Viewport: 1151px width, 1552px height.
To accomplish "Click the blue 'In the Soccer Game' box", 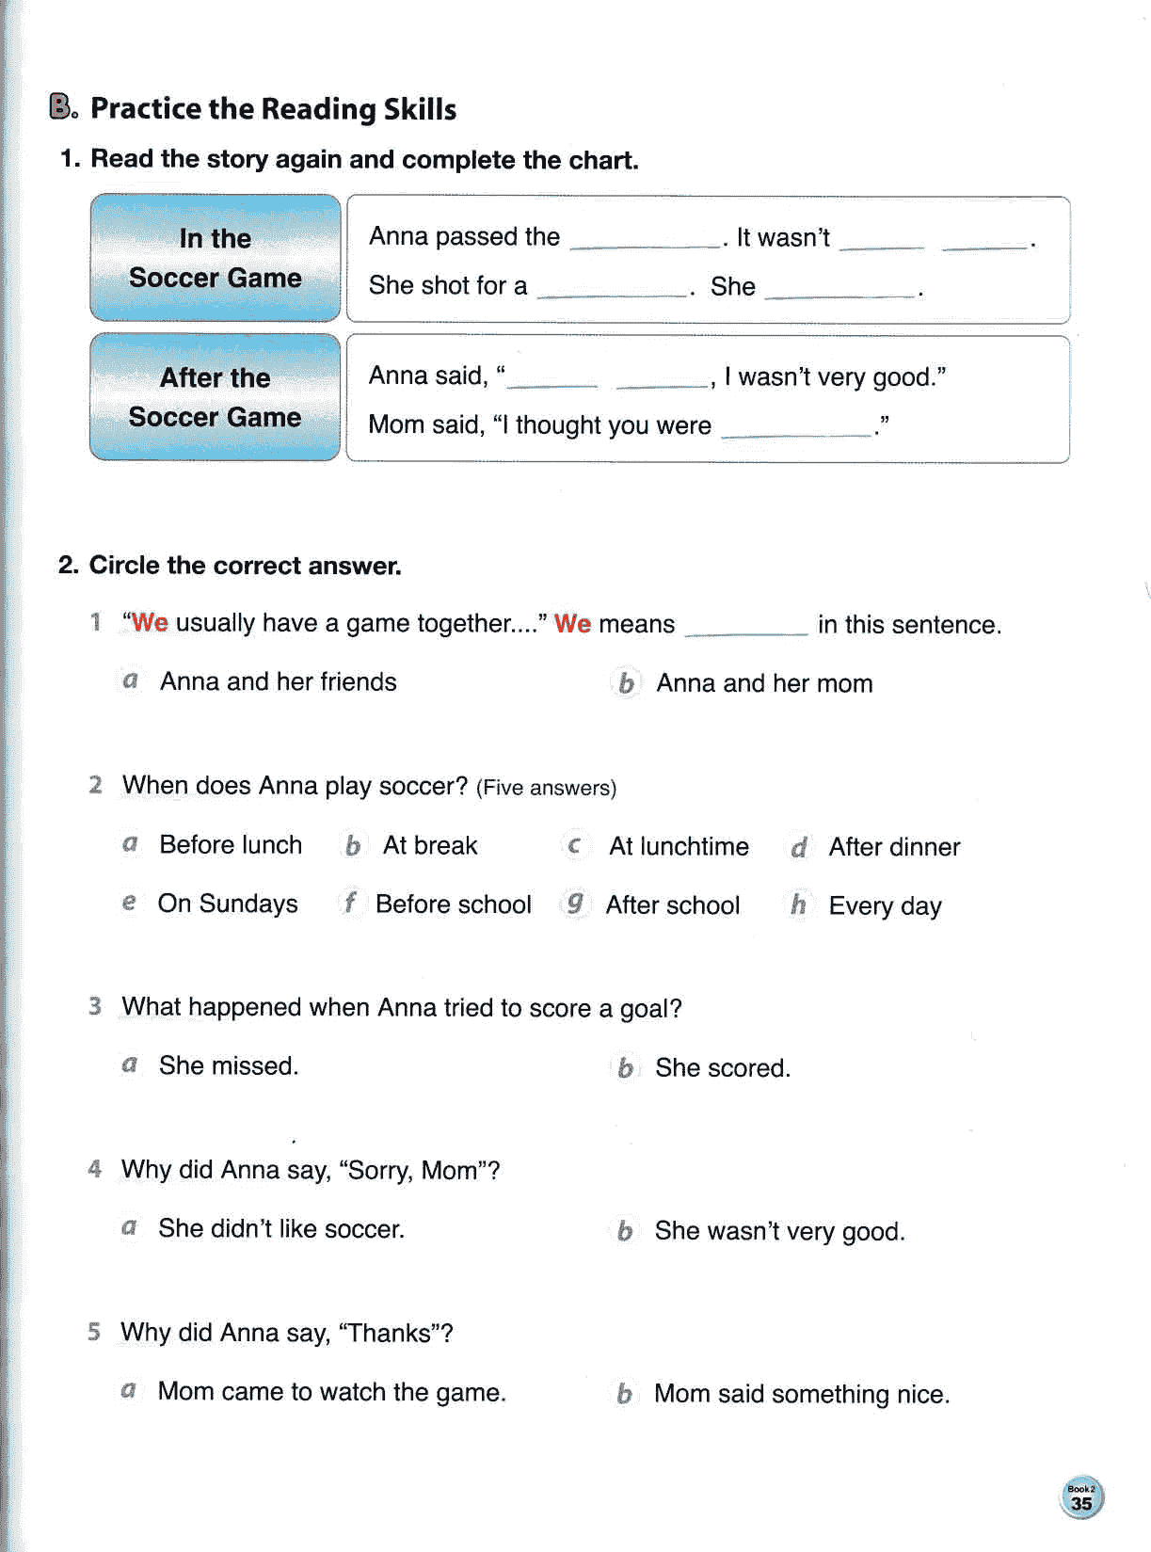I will click(x=215, y=257).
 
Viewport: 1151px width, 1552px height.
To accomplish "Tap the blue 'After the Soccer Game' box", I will click(x=215, y=396).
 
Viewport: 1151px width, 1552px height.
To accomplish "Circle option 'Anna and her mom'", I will click(x=763, y=683).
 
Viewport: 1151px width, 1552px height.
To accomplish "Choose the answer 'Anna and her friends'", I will click(x=278, y=681).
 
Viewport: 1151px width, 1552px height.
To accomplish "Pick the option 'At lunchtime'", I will click(x=678, y=846).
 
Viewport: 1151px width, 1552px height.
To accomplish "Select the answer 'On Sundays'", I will click(x=227, y=904).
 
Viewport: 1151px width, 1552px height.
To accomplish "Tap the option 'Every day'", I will click(x=884, y=905).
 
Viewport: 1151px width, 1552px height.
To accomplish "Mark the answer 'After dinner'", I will click(x=893, y=847).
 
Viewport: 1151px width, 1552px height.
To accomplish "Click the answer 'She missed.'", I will click(x=228, y=1065).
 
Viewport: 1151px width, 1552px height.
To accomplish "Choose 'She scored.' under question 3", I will click(x=722, y=1067).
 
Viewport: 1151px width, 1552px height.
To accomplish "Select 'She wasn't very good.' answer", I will click(x=778, y=1231).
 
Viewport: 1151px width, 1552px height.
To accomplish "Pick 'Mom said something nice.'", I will click(x=801, y=1394).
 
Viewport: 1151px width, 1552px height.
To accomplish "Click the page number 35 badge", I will click(x=1081, y=1498).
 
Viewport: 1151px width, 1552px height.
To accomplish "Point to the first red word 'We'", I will click(x=150, y=623).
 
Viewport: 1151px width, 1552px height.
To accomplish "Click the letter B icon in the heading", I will click(x=62, y=107).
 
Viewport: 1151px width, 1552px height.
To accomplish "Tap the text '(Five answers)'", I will click(x=546, y=788).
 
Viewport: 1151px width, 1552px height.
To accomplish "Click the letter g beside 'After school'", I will click(x=574, y=904).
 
